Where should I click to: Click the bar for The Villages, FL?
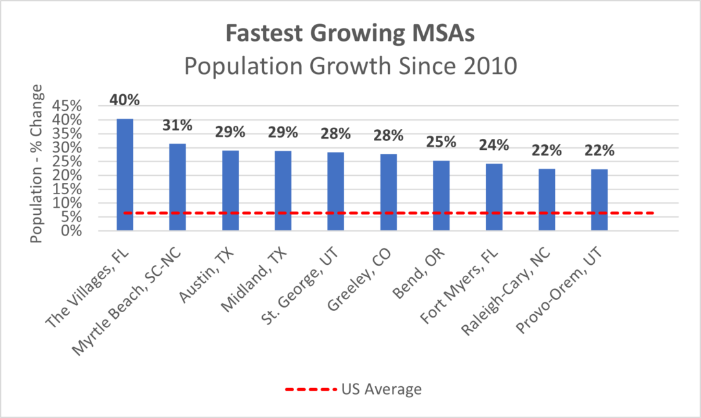pyautogui.click(x=125, y=175)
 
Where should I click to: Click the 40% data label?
pyautogui.click(x=125, y=100)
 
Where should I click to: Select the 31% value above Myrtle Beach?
pyautogui.click(x=177, y=125)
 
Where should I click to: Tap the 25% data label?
pyautogui.click(x=441, y=141)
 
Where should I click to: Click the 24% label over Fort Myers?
pyautogui.click(x=493, y=145)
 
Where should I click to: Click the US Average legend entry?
pyautogui.click(x=354, y=389)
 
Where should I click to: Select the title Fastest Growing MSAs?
pyautogui.click(x=350, y=34)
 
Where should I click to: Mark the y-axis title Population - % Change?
pyautogui.click(x=36, y=163)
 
